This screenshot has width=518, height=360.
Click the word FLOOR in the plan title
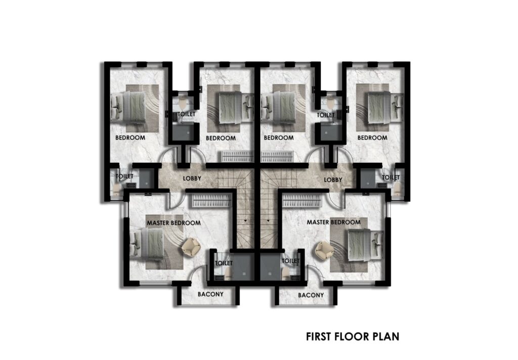point(353,337)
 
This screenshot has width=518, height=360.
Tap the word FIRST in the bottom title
point(319,337)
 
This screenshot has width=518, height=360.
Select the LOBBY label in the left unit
point(192,178)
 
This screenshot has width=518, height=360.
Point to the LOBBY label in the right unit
point(333,180)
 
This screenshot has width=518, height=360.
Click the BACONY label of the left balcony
point(210,294)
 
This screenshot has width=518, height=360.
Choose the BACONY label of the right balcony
point(311,295)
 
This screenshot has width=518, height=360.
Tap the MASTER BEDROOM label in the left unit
point(174,223)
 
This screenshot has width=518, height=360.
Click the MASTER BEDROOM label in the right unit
point(334,222)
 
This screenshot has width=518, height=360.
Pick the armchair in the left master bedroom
point(191,247)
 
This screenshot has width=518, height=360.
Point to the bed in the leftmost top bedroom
point(128,107)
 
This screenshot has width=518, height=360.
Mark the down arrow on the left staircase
point(245,220)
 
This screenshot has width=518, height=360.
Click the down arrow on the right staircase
point(268,220)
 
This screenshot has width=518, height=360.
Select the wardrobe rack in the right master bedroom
point(302,201)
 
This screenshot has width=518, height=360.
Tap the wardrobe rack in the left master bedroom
point(212,200)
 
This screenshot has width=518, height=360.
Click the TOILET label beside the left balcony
point(224,263)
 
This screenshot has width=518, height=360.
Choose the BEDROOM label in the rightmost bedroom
point(372,138)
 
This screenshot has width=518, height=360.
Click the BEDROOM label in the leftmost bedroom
point(130,138)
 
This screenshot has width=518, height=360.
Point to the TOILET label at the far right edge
point(391,177)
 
